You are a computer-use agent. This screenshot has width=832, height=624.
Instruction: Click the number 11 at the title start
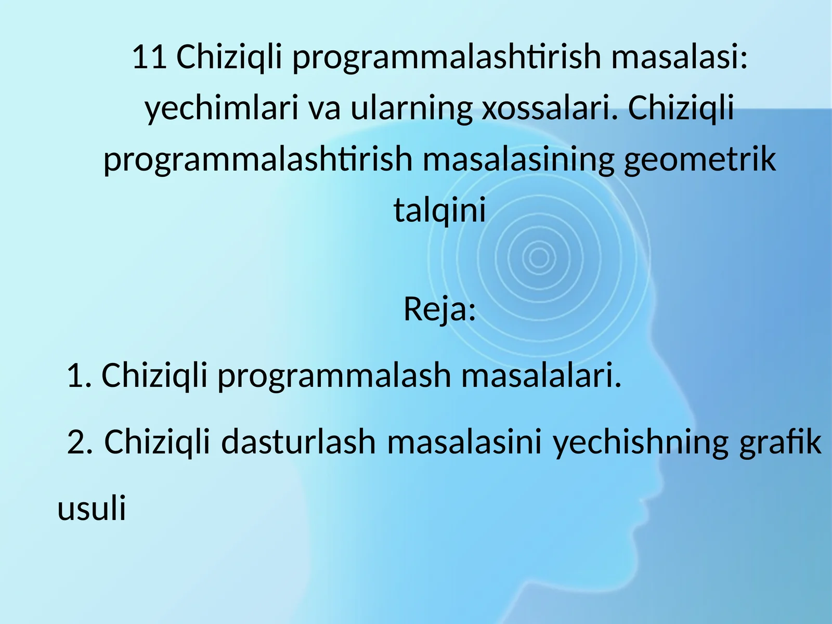[x=149, y=57]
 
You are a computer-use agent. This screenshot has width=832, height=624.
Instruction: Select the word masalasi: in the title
[x=679, y=57]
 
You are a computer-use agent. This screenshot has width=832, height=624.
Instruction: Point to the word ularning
[x=411, y=108]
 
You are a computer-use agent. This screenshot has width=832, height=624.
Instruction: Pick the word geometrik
[x=699, y=160]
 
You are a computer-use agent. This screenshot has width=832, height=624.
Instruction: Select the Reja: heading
[x=439, y=309]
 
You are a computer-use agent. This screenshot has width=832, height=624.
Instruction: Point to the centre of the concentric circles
[x=538, y=257]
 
